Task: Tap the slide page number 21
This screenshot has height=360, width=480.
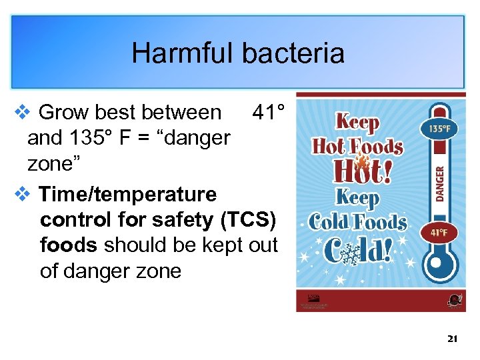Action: click(x=453, y=339)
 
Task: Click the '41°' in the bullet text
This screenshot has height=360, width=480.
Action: click(x=269, y=113)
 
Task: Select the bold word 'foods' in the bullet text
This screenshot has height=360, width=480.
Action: click(x=69, y=245)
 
